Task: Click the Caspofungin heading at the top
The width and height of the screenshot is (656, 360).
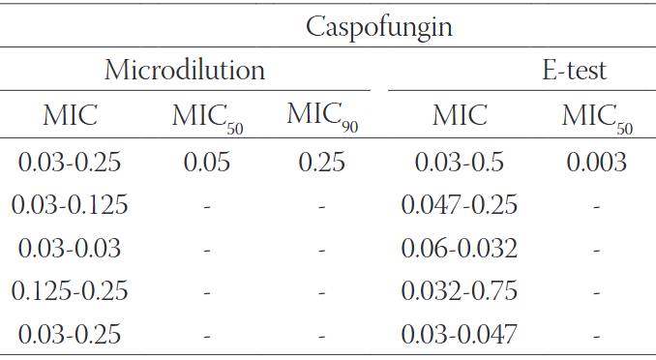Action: [x=379, y=26]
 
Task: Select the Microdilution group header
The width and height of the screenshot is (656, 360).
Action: [x=185, y=71]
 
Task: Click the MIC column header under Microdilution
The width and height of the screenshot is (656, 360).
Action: [x=70, y=116]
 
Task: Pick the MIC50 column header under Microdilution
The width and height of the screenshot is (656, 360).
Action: [x=207, y=117]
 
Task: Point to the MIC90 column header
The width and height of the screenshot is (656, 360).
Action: [x=321, y=117]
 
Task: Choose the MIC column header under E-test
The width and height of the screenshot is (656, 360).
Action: [x=460, y=116]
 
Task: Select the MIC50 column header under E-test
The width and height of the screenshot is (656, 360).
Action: [x=597, y=117]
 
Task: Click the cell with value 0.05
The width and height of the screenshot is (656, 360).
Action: [x=207, y=162]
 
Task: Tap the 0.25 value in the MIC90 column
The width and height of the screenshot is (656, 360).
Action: [x=321, y=162]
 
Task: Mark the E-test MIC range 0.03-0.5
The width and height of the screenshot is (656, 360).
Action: [x=460, y=162]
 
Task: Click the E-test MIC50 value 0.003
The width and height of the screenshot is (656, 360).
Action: [x=597, y=162]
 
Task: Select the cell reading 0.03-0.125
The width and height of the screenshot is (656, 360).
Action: [x=70, y=205]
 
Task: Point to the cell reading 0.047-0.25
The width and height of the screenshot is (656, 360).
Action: [x=460, y=205]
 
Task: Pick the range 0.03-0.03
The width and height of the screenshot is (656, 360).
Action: [x=70, y=249]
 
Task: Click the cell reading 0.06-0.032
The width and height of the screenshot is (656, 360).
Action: [x=460, y=249]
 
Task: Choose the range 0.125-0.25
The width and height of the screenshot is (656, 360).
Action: [x=70, y=291]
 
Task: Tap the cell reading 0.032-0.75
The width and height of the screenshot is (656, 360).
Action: [x=460, y=291]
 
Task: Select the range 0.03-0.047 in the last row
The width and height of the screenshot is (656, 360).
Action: [x=460, y=335]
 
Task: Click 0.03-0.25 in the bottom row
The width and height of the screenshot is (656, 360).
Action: [x=70, y=335]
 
